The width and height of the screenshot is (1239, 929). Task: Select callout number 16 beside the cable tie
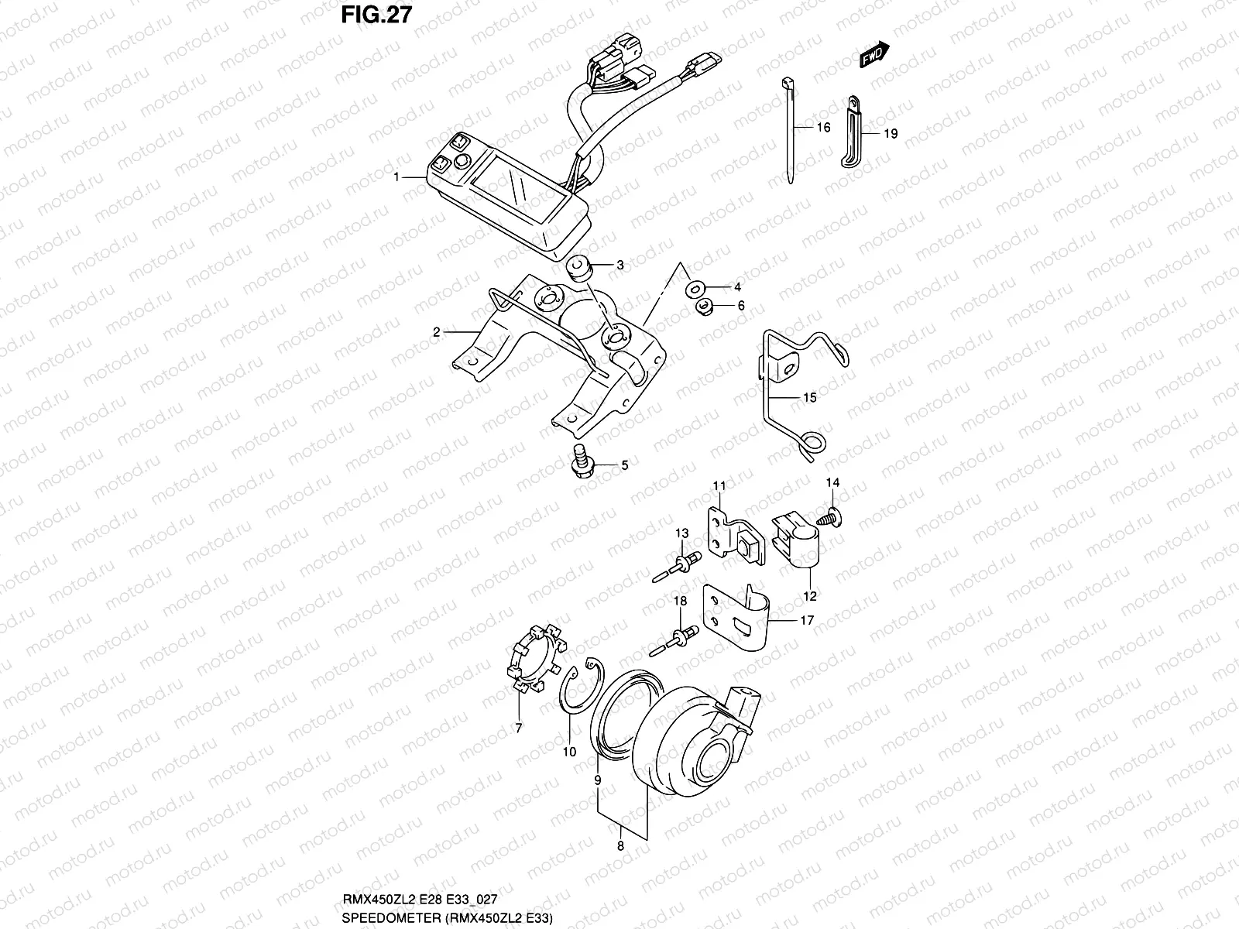click(x=823, y=127)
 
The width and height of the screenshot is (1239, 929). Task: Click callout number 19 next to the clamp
click(x=891, y=134)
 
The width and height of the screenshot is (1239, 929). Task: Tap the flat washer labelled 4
click(x=693, y=288)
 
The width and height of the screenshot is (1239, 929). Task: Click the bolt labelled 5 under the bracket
click(x=578, y=463)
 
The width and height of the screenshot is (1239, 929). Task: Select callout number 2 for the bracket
click(x=437, y=332)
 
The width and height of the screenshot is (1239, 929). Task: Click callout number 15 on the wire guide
click(x=809, y=398)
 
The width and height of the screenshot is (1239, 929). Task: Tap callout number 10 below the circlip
click(x=569, y=752)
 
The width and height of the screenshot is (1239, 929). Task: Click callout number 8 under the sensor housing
click(x=619, y=847)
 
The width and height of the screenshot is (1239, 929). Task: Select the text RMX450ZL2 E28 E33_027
click(x=419, y=899)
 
